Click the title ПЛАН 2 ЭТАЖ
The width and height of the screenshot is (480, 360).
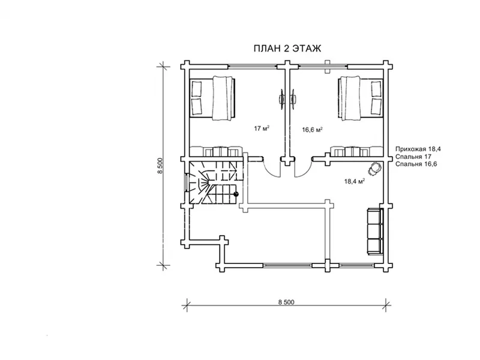[x=287, y=49]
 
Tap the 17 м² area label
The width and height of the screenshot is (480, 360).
[x=262, y=128]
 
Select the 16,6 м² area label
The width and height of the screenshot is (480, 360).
[x=313, y=130]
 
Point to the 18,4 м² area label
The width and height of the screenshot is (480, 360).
[x=354, y=182]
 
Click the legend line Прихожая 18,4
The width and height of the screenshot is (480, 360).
[x=418, y=149]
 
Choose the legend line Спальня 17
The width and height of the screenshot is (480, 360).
[x=413, y=157]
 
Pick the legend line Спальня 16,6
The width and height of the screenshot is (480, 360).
[x=416, y=164]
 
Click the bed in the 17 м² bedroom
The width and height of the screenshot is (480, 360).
[x=213, y=98]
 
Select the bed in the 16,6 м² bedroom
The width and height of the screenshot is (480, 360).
[x=360, y=98]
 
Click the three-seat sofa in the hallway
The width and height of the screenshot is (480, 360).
[x=374, y=231]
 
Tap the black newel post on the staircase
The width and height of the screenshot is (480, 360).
[x=236, y=193]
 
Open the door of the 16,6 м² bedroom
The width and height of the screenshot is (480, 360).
[x=303, y=167]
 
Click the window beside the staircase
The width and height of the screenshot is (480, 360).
[x=186, y=182]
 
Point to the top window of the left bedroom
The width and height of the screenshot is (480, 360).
[x=253, y=65]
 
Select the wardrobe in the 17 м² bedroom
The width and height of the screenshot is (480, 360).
[x=216, y=151]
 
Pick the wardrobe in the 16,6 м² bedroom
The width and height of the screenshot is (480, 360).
[x=356, y=151]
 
